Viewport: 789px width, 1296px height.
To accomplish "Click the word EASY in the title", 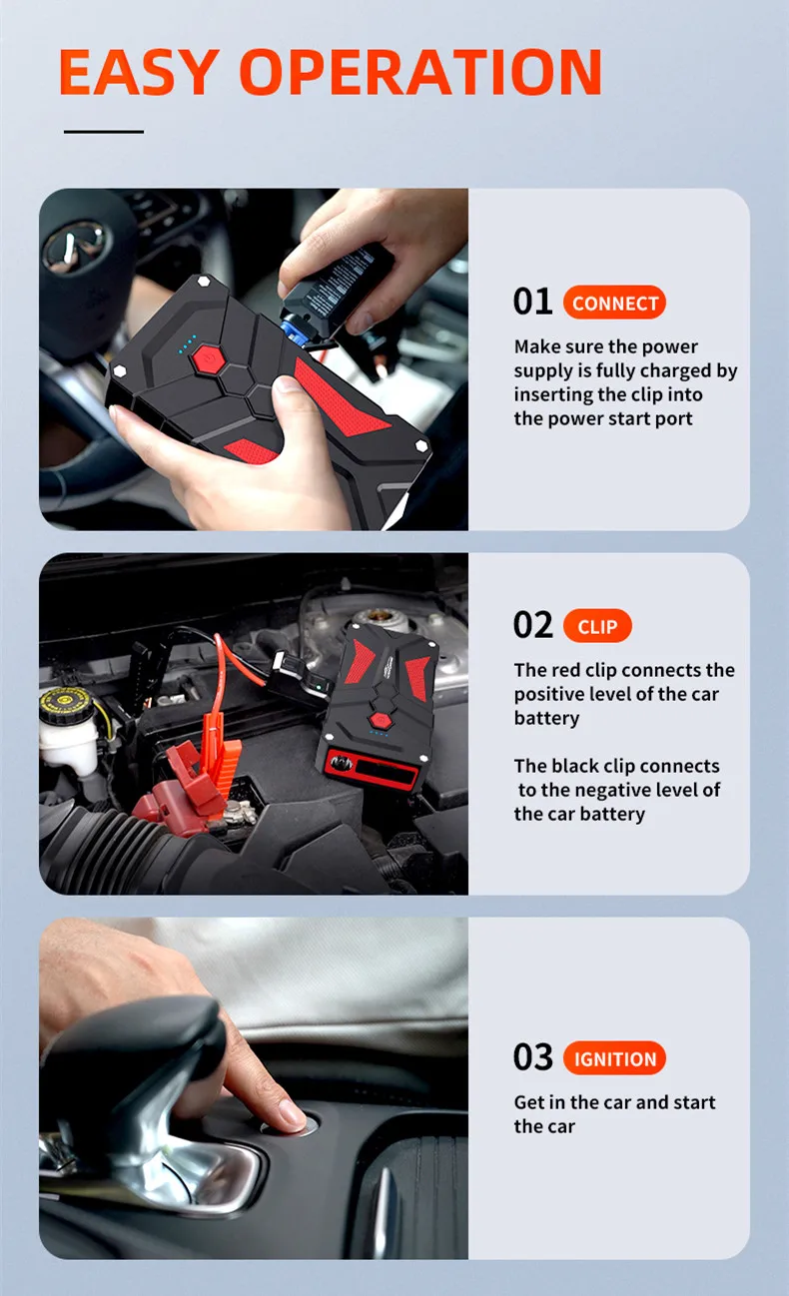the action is click(x=139, y=72).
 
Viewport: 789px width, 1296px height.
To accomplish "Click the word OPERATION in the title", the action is click(x=420, y=72).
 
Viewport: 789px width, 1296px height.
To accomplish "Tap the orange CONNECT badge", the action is click(x=615, y=303).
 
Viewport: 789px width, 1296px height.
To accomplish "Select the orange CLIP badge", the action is click(x=597, y=626).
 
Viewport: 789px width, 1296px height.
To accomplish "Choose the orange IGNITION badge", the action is click(x=615, y=1058).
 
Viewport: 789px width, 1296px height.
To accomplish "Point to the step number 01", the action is click(x=532, y=302).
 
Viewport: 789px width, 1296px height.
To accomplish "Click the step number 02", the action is click(x=532, y=625).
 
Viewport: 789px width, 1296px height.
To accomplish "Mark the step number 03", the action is click(x=532, y=1057).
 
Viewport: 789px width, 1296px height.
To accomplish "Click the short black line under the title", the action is click(x=104, y=132).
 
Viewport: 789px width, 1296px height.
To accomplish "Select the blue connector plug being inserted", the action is click(x=294, y=329).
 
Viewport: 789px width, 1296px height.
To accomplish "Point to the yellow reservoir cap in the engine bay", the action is click(x=59, y=704).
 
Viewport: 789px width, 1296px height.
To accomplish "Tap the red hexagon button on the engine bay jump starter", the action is click(x=380, y=720).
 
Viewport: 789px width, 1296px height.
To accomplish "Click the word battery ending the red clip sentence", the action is click(x=546, y=719).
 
